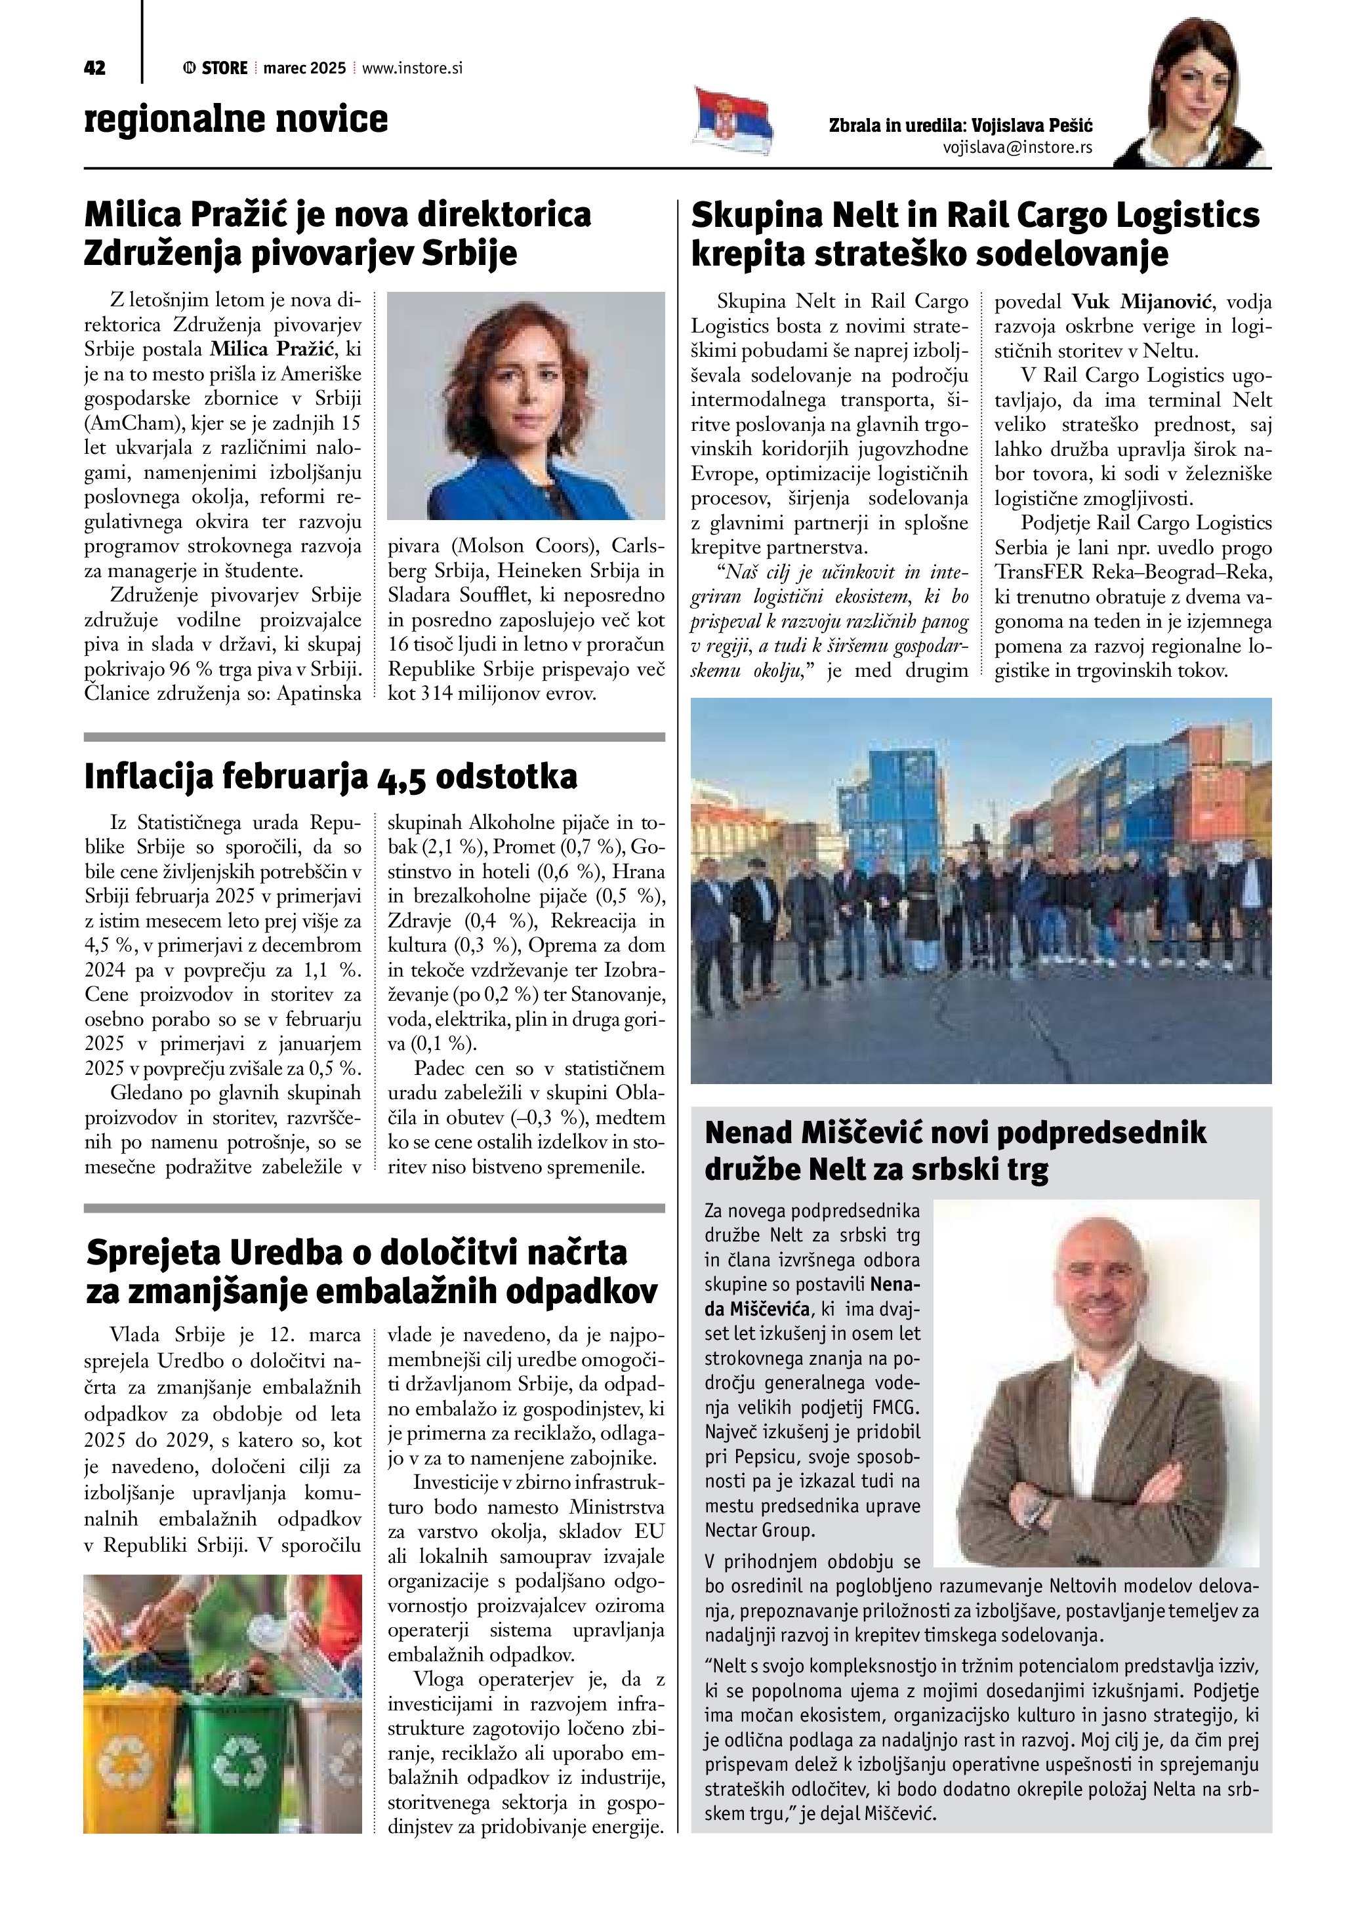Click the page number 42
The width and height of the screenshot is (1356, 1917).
[94, 68]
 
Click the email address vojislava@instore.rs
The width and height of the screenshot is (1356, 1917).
[1017, 148]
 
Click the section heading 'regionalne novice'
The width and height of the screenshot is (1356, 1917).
[236, 119]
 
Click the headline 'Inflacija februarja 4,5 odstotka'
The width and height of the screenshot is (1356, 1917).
[331, 777]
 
